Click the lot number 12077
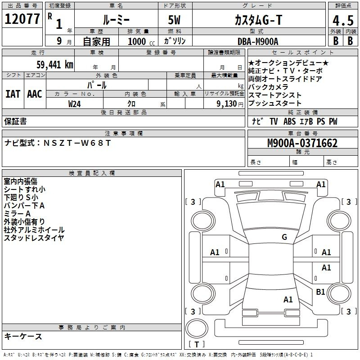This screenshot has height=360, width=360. [x=22, y=20]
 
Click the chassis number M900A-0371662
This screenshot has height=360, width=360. [x=302, y=143]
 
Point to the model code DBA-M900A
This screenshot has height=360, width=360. [x=258, y=41]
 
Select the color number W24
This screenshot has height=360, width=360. [x=75, y=103]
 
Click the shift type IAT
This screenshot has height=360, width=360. [x=13, y=94]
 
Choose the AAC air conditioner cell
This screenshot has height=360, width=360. [x=35, y=94]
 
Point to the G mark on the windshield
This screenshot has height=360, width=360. [x=284, y=237]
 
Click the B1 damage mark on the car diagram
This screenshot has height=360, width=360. [x=320, y=292]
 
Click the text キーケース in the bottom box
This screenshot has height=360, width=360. [x=23, y=336]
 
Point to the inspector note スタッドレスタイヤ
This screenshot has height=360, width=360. [x=34, y=238]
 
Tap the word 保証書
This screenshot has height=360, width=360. [x=15, y=121]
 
